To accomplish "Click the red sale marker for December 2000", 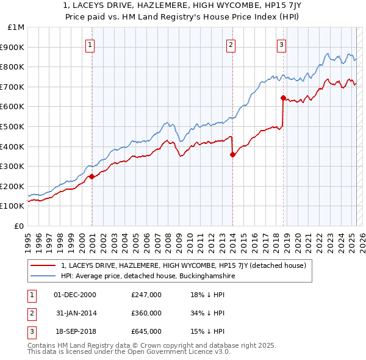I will [91, 176].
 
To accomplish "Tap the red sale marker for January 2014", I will [233, 154].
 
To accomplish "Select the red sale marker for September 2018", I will [283, 98].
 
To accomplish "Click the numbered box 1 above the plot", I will [90, 44].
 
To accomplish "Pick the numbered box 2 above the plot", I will [231, 44].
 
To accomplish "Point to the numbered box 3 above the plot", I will [281, 44].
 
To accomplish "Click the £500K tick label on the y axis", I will [12, 126].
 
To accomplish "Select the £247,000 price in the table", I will [146, 295].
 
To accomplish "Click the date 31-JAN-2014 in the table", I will [75, 313].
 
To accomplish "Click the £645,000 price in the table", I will [146, 331].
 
